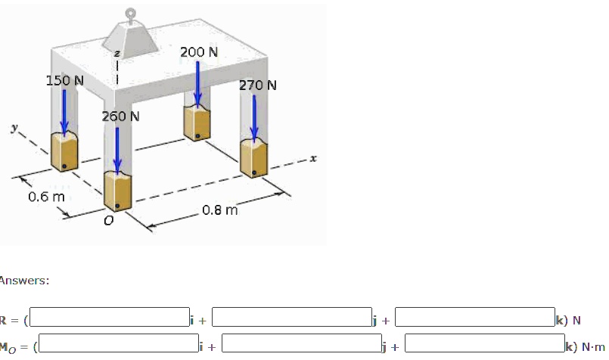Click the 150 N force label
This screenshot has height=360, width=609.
(x=64, y=80)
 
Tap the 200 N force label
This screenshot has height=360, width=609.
(x=199, y=52)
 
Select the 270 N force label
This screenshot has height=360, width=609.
(x=258, y=85)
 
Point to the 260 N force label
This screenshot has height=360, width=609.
(x=121, y=116)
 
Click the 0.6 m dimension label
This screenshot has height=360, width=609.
(x=47, y=197)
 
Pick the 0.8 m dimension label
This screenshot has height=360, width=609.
(x=220, y=209)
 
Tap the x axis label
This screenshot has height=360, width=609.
(x=312, y=160)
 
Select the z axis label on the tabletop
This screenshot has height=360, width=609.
(x=117, y=54)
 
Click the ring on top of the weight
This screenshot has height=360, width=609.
(x=131, y=12)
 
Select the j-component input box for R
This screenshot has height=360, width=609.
(x=291, y=317)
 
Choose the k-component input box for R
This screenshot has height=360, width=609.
(x=474, y=317)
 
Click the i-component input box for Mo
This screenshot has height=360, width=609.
(x=120, y=344)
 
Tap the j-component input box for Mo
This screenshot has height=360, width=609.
(x=301, y=344)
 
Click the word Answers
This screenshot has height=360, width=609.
(x=24, y=281)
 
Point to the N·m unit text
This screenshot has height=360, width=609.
(x=594, y=347)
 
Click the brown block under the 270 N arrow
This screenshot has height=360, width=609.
(x=253, y=157)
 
